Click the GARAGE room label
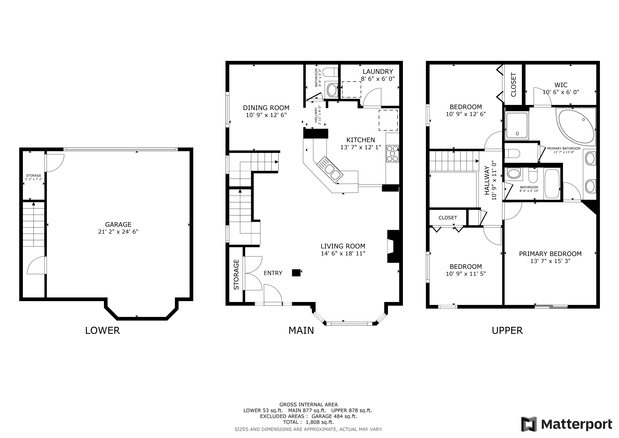coord(118,224)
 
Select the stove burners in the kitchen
coord(393,154)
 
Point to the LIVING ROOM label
coord(343,246)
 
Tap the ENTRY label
coord(273,273)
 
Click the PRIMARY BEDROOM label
coord(550,254)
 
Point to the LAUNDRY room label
coord(378,71)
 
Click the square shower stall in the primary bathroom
coord(517,126)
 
